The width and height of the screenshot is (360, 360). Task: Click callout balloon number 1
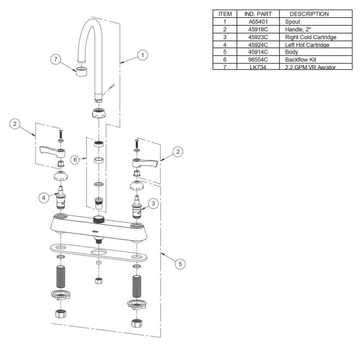click(142, 55)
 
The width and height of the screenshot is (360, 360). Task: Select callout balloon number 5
click(180, 265)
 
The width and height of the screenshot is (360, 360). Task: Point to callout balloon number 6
click(75, 160)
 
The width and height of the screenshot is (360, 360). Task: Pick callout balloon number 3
click(153, 204)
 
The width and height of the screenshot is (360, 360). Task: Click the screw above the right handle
click(135, 144)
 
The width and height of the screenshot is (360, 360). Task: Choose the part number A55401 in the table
click(258, 21)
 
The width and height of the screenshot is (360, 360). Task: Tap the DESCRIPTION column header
click(309, 14)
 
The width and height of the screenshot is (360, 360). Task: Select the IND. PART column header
click(258, 14)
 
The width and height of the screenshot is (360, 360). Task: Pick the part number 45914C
click(258, 52)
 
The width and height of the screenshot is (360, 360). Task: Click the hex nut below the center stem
click(99, 281)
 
